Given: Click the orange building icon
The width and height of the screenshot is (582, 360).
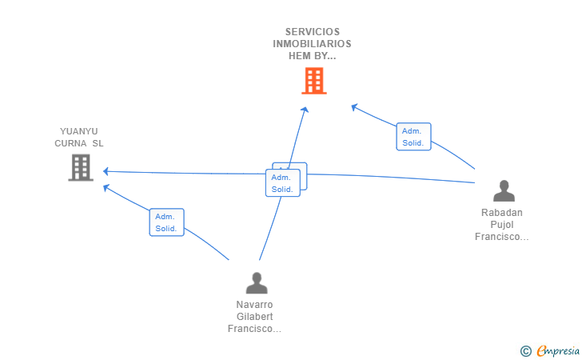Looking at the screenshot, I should (313, 81).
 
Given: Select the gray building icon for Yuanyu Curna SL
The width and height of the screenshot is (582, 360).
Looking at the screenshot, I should (81, 168).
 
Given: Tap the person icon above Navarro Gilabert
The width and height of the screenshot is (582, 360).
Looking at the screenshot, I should (257, 283).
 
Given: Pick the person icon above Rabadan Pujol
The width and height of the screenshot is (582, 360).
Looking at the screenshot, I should (504, 191).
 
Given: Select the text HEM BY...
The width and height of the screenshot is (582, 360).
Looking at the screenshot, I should (312, 56).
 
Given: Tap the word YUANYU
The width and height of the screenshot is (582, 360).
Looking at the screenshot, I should (79, 131).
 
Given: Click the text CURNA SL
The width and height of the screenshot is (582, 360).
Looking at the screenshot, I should (79, 143).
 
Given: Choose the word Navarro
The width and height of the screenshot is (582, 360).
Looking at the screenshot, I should (255, 305).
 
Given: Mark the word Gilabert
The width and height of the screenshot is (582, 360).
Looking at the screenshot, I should (255, 317).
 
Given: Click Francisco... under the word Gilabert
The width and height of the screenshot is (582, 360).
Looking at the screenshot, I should (255, 329).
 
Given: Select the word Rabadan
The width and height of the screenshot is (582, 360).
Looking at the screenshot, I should (502, 213).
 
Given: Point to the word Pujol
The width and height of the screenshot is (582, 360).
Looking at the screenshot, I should (502, 225).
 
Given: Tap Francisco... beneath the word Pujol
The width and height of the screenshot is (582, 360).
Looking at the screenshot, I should (502, 237).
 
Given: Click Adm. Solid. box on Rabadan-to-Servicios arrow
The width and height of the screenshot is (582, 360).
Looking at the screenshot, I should (413, 137).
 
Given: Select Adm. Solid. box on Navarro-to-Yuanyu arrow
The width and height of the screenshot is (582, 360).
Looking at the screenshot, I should (166, 222).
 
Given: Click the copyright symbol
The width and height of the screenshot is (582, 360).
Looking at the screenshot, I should (525, 350).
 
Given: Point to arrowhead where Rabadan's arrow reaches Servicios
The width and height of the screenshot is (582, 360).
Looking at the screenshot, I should (354, 106).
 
